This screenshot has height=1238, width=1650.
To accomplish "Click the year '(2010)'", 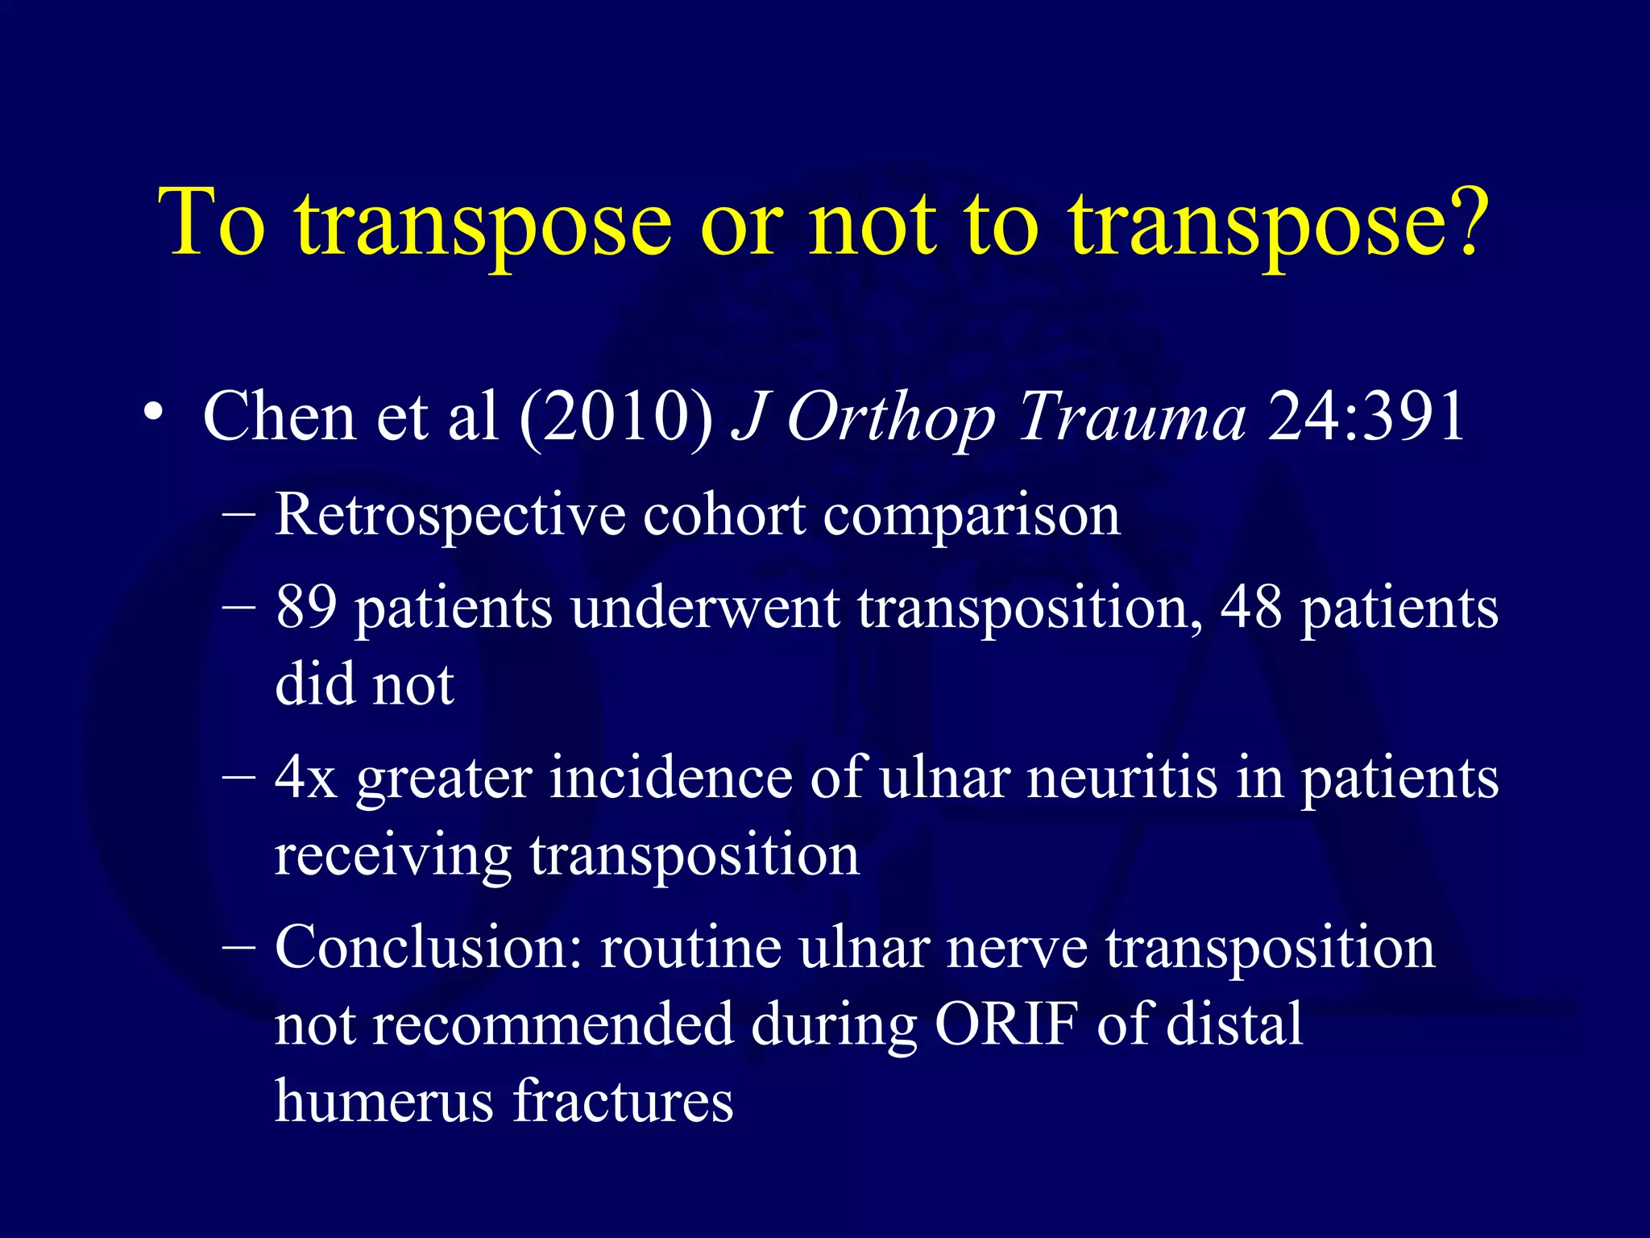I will pos(616,418).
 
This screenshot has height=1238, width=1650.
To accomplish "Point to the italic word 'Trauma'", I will pos(1132,418).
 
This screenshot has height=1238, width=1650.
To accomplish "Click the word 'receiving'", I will pos(392,857).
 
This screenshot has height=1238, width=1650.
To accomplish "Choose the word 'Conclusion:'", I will pos(428,948).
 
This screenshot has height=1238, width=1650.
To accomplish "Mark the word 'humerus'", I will pos(383,1101).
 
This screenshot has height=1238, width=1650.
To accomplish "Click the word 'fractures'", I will pos(623,1101).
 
